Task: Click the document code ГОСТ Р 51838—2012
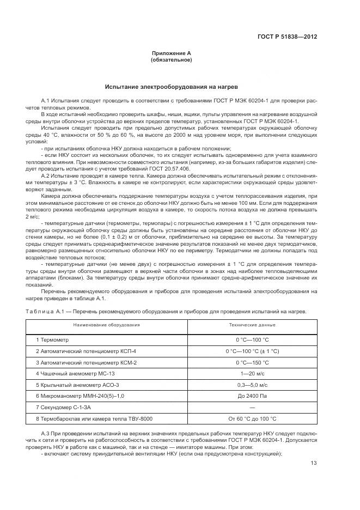[x=287, y=37]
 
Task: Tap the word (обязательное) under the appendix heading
[x=171, y=60]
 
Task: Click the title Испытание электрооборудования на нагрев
[x=171, y=87]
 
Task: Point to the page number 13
[x=314, y=463]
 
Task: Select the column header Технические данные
[x=252, y=325]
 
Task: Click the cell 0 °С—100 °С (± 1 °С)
[x=252, y=351]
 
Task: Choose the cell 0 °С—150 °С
[x=252, y=362]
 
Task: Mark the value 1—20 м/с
[x=252, y=373]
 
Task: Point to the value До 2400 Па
[x=252, y=396]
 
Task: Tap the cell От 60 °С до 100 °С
[x=252, y=418]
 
